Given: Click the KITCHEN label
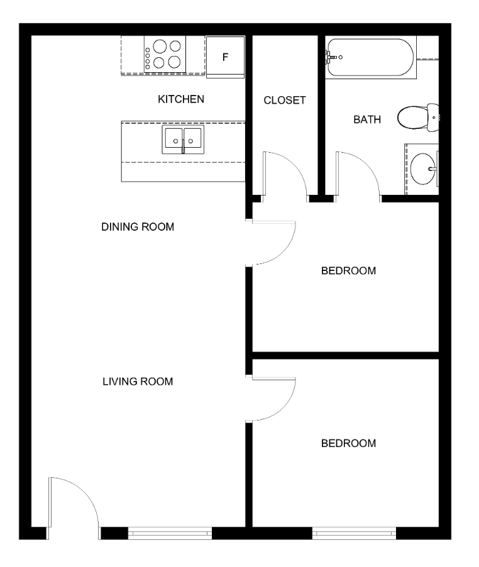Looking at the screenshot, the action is click(181, 99).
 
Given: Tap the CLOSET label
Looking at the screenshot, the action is click(285, 100).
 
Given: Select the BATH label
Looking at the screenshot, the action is click(367, 119).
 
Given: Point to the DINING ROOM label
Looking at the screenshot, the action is click(138, 227).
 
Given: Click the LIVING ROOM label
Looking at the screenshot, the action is click(138, 382).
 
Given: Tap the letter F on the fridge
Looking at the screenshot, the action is click(225, 57).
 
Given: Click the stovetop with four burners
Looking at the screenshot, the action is click(165, 54).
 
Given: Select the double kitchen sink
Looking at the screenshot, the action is click(183, 140).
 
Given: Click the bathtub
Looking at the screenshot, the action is click(370, 57).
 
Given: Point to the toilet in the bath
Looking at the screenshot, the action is click(418, 117).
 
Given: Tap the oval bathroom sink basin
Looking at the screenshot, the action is click(423, 168).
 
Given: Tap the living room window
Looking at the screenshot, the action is click(170, 533).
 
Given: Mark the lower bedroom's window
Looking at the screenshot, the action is click(354, 533).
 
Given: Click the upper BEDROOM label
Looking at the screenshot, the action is click(348, 270).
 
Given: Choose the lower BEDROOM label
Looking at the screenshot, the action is click(348, 443).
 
